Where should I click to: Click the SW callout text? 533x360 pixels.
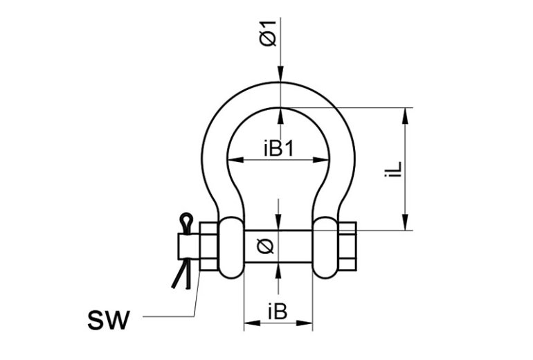[109, 320]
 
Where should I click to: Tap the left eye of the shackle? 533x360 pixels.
[232, 247]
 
